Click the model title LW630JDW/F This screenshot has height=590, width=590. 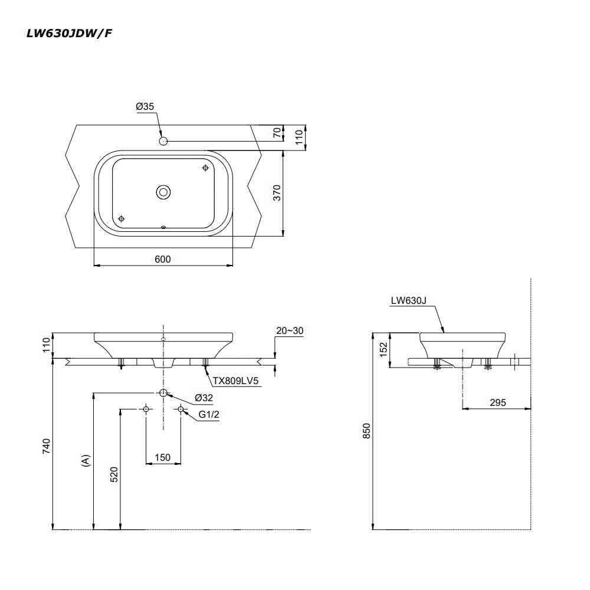[x=69, y=33]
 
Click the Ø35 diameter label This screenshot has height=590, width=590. [x=145, y=106]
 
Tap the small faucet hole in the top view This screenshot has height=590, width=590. [x=164, y=141]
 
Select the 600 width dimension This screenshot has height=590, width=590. [x=163, y=259]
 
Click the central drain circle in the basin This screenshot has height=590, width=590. [x=163, y=192]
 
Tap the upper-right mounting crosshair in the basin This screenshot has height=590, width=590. [x=205, y=168]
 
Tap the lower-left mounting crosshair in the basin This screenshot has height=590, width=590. [x=122, y=218]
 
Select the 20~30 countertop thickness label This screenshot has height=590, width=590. [x=289, y=331]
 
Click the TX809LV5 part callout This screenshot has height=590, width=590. [x=236, y=381]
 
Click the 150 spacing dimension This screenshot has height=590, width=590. [x=163, y=457]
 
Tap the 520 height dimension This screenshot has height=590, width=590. [x=114, y=475]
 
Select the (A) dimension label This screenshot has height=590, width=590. [x=86, y=461]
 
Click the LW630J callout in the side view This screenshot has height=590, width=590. [x=408, y=300]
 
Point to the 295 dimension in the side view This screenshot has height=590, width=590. [x=497, y=402]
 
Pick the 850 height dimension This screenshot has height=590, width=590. [x=366, y=432]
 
